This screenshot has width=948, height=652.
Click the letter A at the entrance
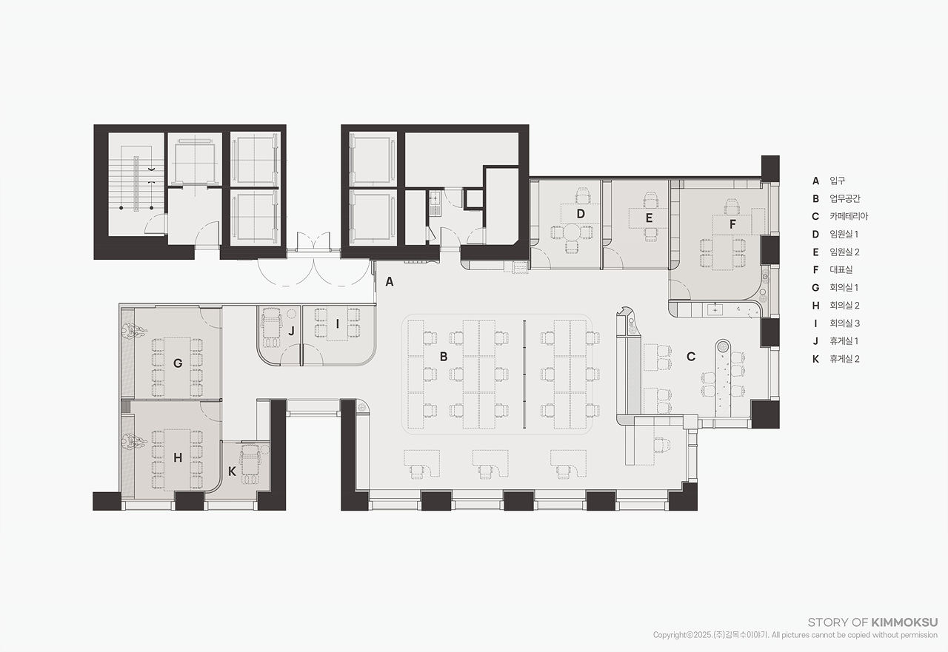(390, 282)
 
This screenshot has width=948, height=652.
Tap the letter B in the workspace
(444, 357)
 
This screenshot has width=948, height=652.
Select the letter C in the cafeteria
(691, 357)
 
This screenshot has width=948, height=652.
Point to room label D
(581, 214)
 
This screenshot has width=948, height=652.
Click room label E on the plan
(649, 218)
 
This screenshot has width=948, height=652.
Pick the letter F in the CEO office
(732, 224)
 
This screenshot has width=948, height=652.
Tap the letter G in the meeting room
(178, 363)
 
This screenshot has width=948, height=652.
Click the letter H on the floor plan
(178, 457)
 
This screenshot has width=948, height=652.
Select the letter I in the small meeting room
(337, 324)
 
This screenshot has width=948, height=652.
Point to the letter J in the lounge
(291, 331)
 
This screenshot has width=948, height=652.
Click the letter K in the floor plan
(232, 471)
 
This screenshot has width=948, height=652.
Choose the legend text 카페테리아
(849, 217)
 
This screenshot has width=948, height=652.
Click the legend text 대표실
(841, 270)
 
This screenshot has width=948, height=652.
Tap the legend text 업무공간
(845, 199)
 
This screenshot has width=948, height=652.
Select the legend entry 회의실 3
(845, 323)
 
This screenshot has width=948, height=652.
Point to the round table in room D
(572, 232)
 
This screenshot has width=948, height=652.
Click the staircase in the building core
(136, 184)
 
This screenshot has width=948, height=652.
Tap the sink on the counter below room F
(715, 310)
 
